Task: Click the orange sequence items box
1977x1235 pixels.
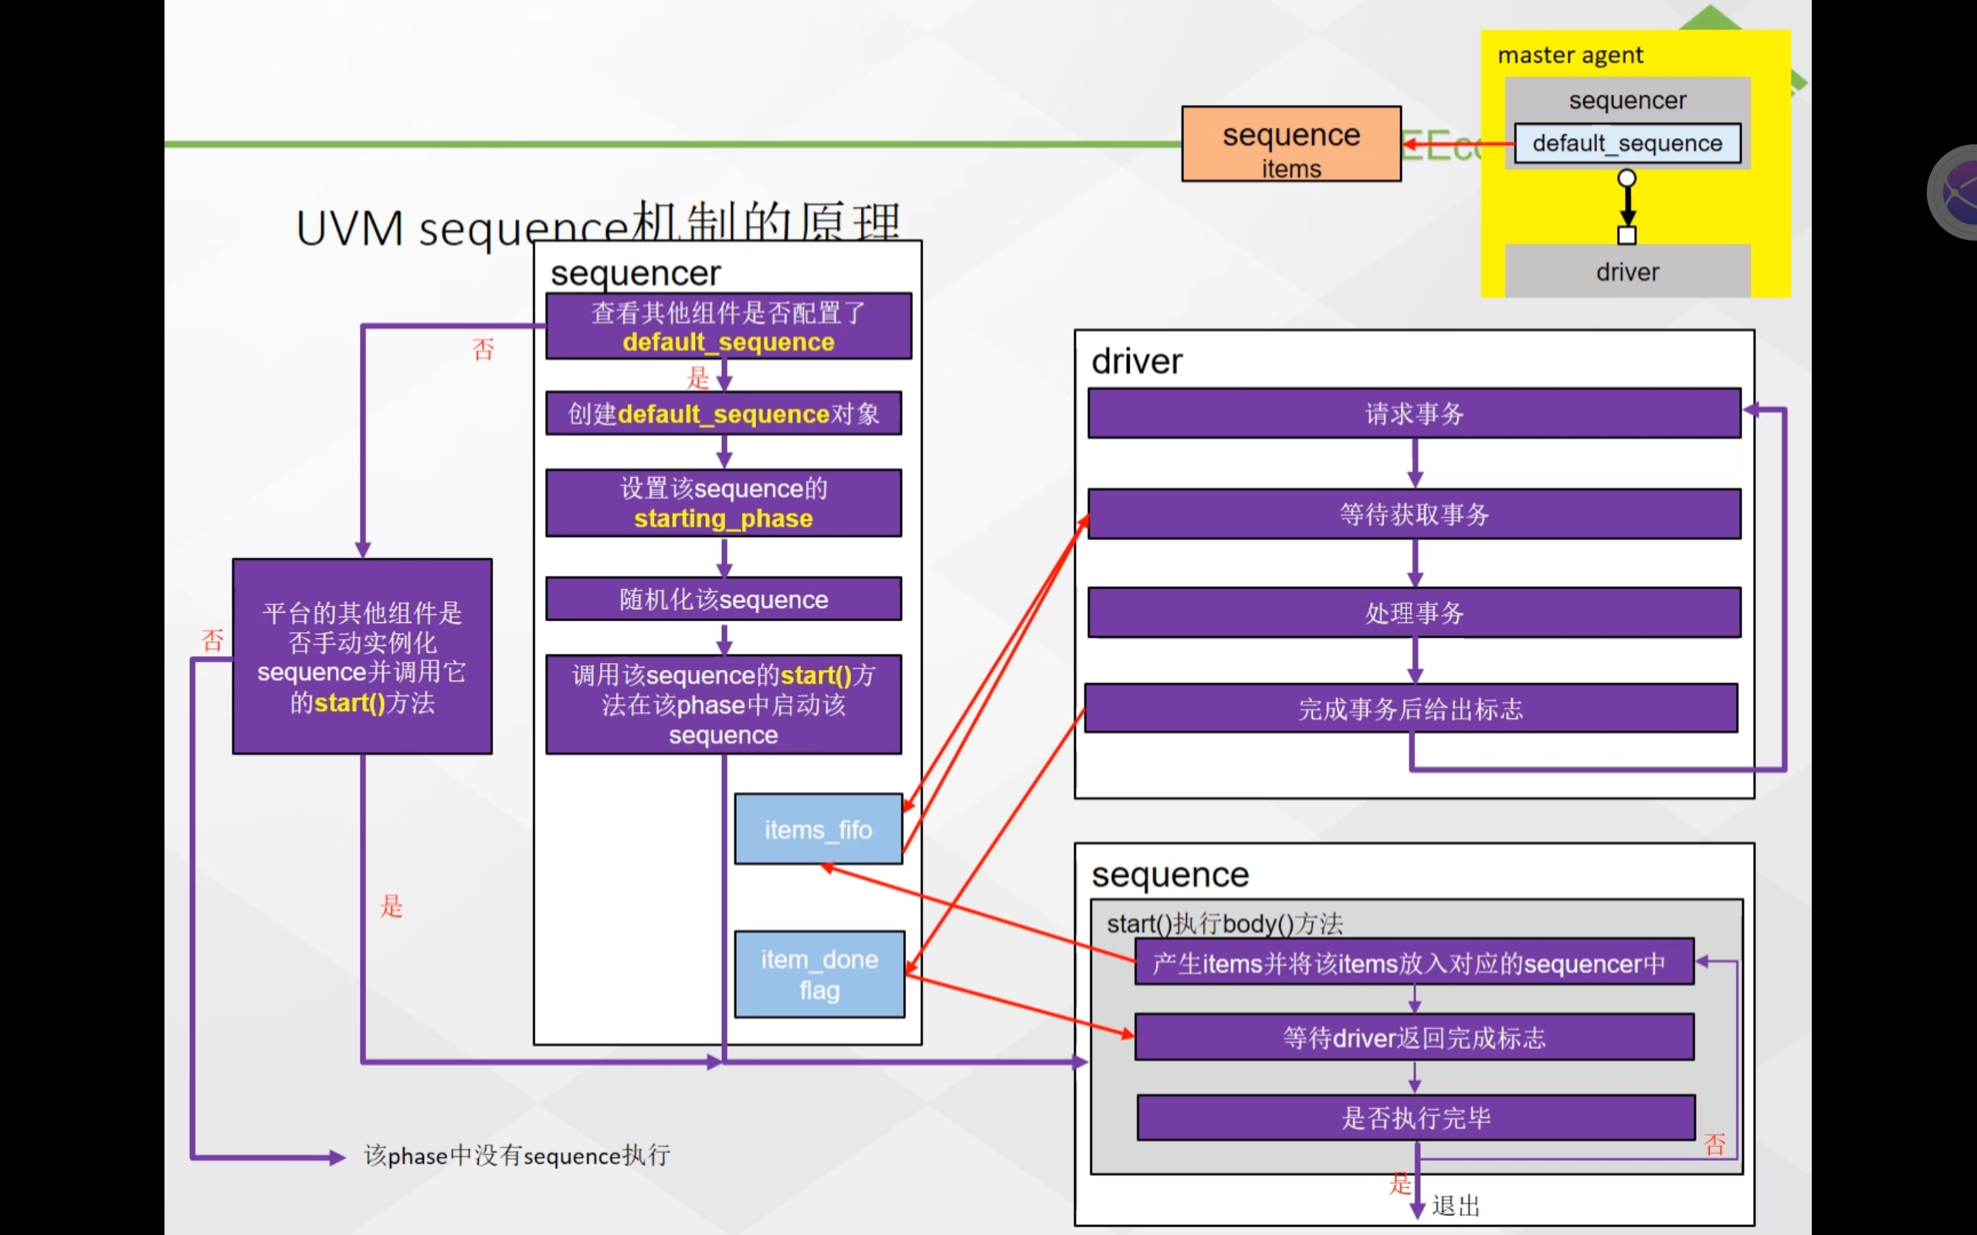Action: point(1290,144)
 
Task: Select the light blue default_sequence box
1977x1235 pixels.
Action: point(1626,144)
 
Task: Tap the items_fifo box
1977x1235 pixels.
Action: point(818,829)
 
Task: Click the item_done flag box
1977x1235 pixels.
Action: point(819,973)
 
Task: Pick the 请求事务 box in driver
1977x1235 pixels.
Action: point(1414,413)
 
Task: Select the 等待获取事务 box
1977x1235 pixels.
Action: point(1414,514)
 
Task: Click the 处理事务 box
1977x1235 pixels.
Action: point(1414,613)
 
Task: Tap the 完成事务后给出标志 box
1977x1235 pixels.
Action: point(1411,708)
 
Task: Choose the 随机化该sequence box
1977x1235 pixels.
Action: point(723,600)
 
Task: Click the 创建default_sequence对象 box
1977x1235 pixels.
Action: point(723,413)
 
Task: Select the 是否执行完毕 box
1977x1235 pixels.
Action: point(1416,1118)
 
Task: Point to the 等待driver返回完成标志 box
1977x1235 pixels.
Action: point(1414,1037)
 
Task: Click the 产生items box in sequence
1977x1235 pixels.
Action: point(1414,963)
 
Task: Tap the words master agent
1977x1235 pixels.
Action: point(1569,55)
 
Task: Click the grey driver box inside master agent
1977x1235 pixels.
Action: point(1626,271)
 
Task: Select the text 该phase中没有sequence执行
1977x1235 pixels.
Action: point(517,1155)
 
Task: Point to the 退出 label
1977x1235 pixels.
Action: point(1455,1206)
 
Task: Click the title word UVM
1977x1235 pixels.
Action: point(350,228)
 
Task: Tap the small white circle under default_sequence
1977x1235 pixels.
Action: point(1626,178)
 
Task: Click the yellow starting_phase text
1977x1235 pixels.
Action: point(723,519)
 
